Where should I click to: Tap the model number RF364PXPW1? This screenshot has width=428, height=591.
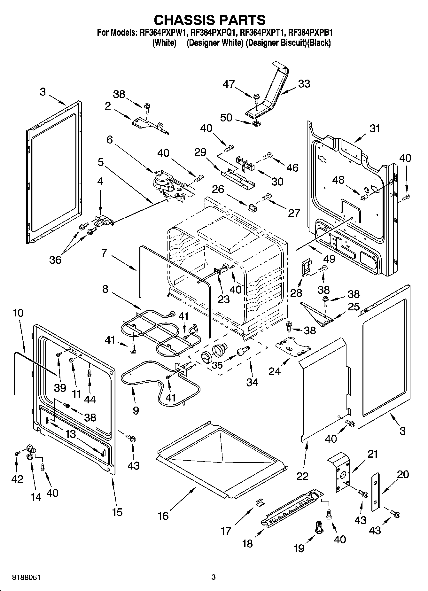tap(163, 33)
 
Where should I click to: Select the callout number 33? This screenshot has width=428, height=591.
tap(304, 84)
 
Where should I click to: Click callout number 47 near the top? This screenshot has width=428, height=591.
tap(229, 84)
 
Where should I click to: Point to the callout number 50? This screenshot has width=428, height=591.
tap(226, 118)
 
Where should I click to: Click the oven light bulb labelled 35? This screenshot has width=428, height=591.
tap(243, 352)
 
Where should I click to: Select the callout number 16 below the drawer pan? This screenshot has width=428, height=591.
tap(163, 516)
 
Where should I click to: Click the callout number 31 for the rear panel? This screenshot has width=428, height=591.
tap(375, 128)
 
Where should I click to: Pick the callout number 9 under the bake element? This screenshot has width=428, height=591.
tap(136, 410)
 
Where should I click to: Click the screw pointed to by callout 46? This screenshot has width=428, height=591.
tap(267, 156)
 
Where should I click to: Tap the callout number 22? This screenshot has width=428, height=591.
tap(302, 476)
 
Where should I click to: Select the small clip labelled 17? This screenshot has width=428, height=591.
tap(260, 503)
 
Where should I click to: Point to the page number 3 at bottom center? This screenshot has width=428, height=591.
tap(213, 577)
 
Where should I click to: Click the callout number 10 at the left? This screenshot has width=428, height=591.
tap(18, 313)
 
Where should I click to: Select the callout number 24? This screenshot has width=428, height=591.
tap(275, 371)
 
